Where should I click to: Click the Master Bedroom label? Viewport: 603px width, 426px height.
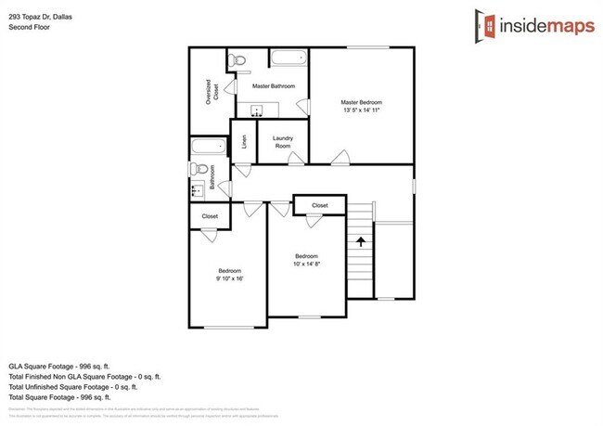tap(361, 102)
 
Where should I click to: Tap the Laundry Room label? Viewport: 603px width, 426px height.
tap(282, 143)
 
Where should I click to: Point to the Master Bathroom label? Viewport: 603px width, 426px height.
tap(274, 86)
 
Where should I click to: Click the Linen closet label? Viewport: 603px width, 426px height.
tap(244, 142)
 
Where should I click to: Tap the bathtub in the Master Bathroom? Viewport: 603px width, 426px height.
tap(289, 58)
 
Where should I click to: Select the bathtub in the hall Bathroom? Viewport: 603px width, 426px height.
tap(207, 147)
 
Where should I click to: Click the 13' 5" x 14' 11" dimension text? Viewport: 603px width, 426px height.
tap(361, 110)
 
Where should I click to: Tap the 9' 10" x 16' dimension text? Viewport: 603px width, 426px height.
tap(229, 278)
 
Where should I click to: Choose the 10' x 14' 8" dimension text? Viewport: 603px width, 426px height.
tap(306, 265)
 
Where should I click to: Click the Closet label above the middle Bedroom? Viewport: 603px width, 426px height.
tap(320, 205)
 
